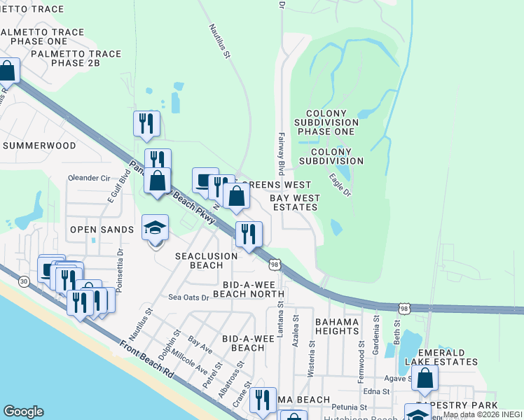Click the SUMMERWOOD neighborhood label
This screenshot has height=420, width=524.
pyautogui.click(x=39, y=146)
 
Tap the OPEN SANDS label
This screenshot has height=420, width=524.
pyautogui.click(x=102, y=230)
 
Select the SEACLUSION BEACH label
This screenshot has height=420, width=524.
pyautogui.click(x=207, y=261)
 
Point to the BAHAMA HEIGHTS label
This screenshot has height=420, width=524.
pyautogui.click(x=337, y=326)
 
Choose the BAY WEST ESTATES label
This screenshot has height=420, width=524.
pyautogui.click(x=295, y=203)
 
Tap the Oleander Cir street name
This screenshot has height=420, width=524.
pyautogui.click(x=89, y=178)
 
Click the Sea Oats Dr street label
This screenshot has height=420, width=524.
pyautogui.click(x=188, y=297)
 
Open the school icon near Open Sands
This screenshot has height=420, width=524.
pyautogui.click(x=156, y=228)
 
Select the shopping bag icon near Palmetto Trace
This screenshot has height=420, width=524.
pyautogui.click(x=7, y=71)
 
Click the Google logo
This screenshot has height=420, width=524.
pyautogui.click(x=23, y=412)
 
